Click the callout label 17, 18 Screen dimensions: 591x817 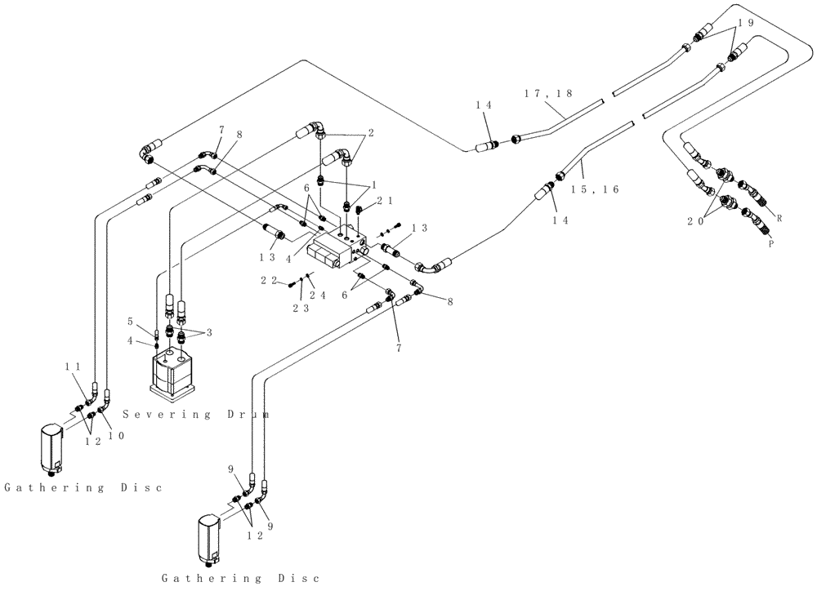[x=550, y=94]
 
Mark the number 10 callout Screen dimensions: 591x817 [x=116, y=436]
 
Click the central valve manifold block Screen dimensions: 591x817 [x=335, y=248]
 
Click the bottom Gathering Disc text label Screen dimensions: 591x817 [x=239, y=578]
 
